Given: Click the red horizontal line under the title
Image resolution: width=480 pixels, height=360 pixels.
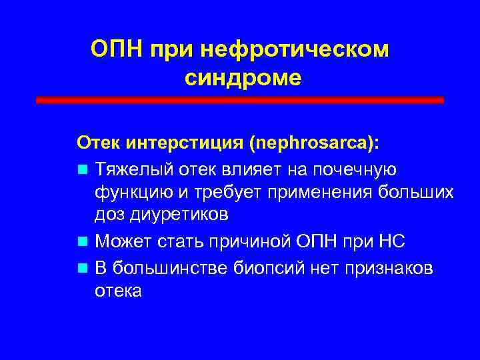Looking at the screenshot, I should click(x=240, y=100).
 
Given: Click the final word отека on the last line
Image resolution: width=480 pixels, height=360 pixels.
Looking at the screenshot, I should click(x=118, y=291).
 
